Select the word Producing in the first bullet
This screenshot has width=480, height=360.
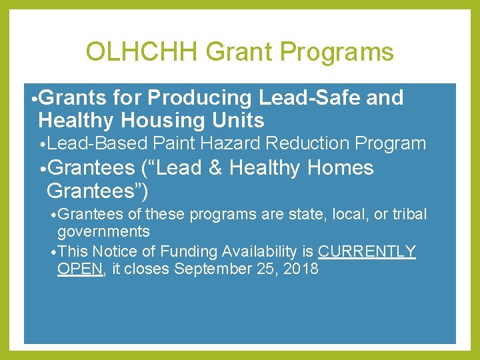point(199,98)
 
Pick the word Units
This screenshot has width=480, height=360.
point(241,121)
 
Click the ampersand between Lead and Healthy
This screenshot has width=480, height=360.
point(215,168)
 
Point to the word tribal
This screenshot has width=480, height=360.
point(407,214)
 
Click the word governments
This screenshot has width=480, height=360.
point(103,231)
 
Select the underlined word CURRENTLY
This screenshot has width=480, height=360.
point(367,251)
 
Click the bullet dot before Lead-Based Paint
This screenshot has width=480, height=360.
point(42,144)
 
